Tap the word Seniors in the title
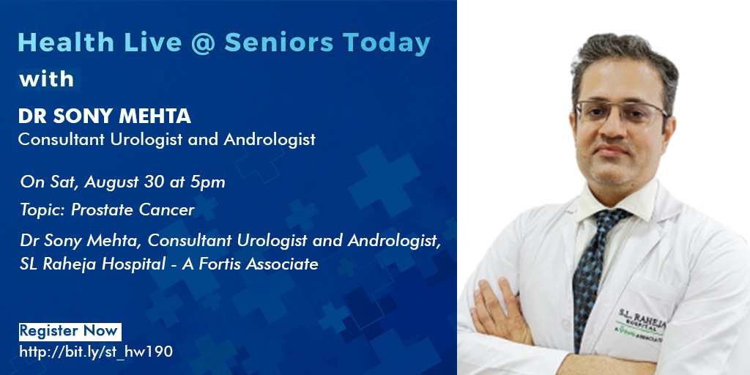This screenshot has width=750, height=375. click(279, 42)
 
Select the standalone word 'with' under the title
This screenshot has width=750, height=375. click(47, 79)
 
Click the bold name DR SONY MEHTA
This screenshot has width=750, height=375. click(105, 116)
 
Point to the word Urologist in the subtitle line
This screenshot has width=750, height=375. click(164, 140)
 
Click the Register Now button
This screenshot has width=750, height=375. click(70, 332)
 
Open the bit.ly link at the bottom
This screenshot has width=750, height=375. click(96, 352)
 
